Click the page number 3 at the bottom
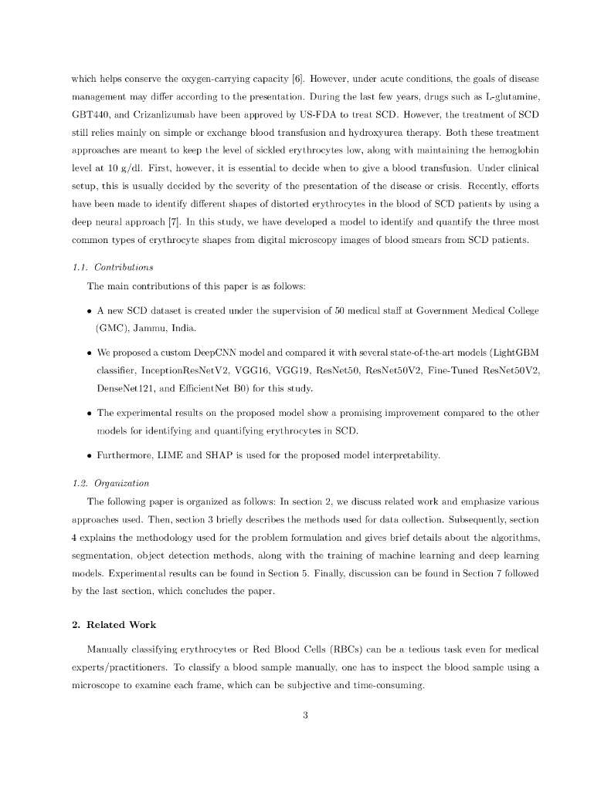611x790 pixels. click(x=305, y=714)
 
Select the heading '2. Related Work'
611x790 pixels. click(x=114, y=625)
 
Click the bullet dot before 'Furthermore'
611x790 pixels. click(x=90, y=456)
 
